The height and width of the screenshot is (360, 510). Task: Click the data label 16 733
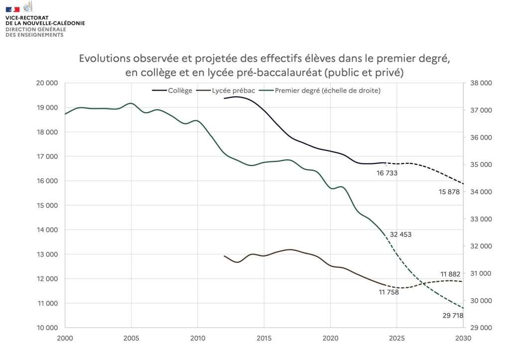click(x=387, y=173)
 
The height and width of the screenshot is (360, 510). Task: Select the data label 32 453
click(x=401, y=234)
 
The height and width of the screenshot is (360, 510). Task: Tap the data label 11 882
click(x=451, y=273)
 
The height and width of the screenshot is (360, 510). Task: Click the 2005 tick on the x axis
click(x=131, y=337)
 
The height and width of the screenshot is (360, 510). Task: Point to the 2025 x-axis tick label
click(x=397, y=337)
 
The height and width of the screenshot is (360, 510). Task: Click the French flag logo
click(x=13, y=9)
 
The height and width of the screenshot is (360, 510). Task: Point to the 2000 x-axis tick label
click(x=65, y=337)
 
